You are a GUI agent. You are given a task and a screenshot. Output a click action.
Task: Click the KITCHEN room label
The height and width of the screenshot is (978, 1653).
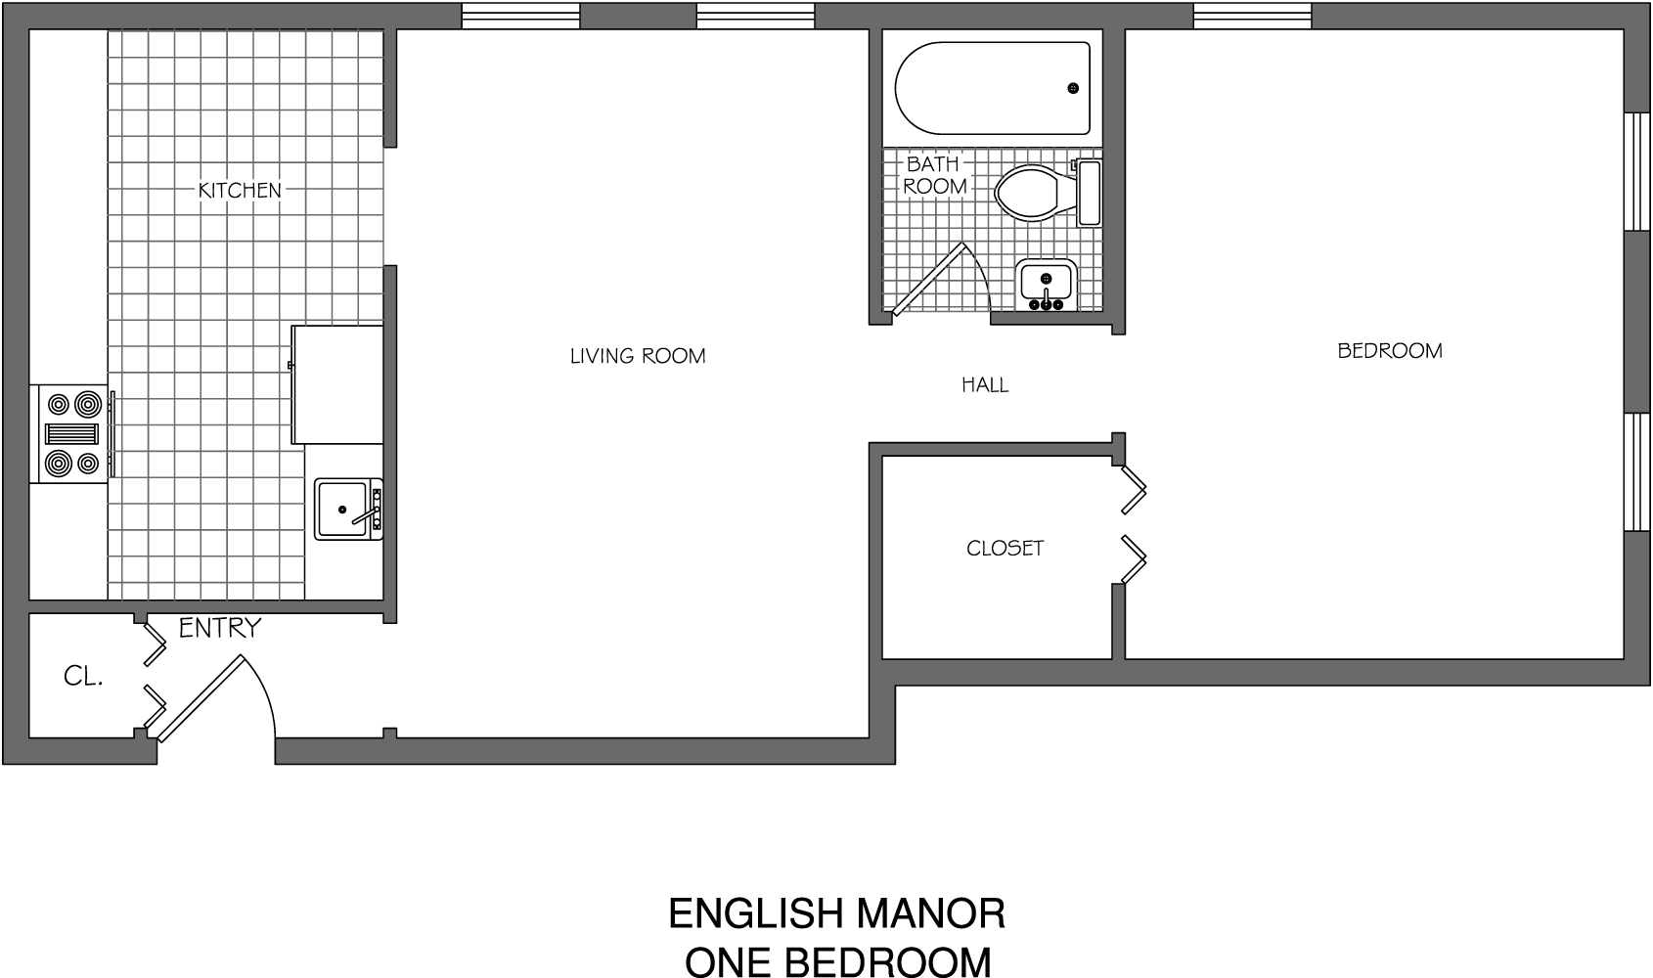(x=240, y=190)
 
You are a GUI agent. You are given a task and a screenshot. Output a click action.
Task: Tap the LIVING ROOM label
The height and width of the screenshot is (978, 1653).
(x=638, y=356)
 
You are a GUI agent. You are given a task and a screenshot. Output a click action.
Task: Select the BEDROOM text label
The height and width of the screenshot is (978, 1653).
(x=1389, y=350)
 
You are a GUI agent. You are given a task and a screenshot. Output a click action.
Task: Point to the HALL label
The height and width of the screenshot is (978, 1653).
(x=985, y=385)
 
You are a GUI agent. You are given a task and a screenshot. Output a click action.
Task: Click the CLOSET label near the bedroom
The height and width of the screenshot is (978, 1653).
(x=1005, y=548)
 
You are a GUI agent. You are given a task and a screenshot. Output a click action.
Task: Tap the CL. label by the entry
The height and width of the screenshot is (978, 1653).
(x=83, y=676)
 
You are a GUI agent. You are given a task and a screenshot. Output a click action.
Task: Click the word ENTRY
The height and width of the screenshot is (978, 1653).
(x=220, y=628)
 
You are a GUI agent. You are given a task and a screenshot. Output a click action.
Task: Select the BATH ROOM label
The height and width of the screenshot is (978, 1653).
(x=934, y=175)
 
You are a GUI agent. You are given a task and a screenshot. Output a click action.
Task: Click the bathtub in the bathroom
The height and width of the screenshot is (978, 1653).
(x=993, y=88)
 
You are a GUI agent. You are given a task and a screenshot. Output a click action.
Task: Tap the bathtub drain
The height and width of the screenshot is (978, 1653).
(x=1073, y=89)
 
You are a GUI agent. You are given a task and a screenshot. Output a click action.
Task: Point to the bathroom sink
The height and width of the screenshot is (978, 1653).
(x=1047, y=284)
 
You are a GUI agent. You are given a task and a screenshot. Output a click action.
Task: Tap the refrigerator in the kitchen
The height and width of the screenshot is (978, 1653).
(x=337, y=384)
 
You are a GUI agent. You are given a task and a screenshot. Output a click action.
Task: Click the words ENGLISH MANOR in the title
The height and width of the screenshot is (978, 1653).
(x=836, y=913)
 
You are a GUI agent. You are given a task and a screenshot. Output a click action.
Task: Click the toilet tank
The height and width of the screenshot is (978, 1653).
(x=1089, y=194)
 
